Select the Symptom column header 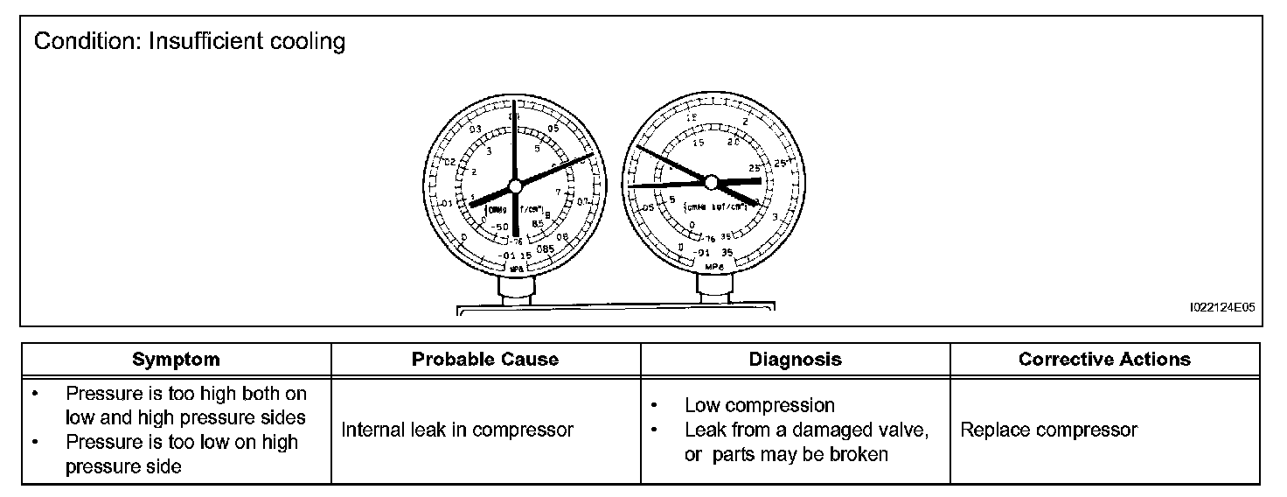[176, 359]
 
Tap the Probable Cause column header [485, 359]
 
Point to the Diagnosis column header [795, 359]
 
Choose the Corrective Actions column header [1104, 359]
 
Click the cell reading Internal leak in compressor [457, 430]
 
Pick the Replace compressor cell [1048, 430]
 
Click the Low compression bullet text [759, 405]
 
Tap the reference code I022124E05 [1221, 308]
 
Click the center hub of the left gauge [515, 185]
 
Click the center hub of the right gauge [710, 182]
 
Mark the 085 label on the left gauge [546, 249]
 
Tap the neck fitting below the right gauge [710, 284]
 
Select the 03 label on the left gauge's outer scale [477, 129]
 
